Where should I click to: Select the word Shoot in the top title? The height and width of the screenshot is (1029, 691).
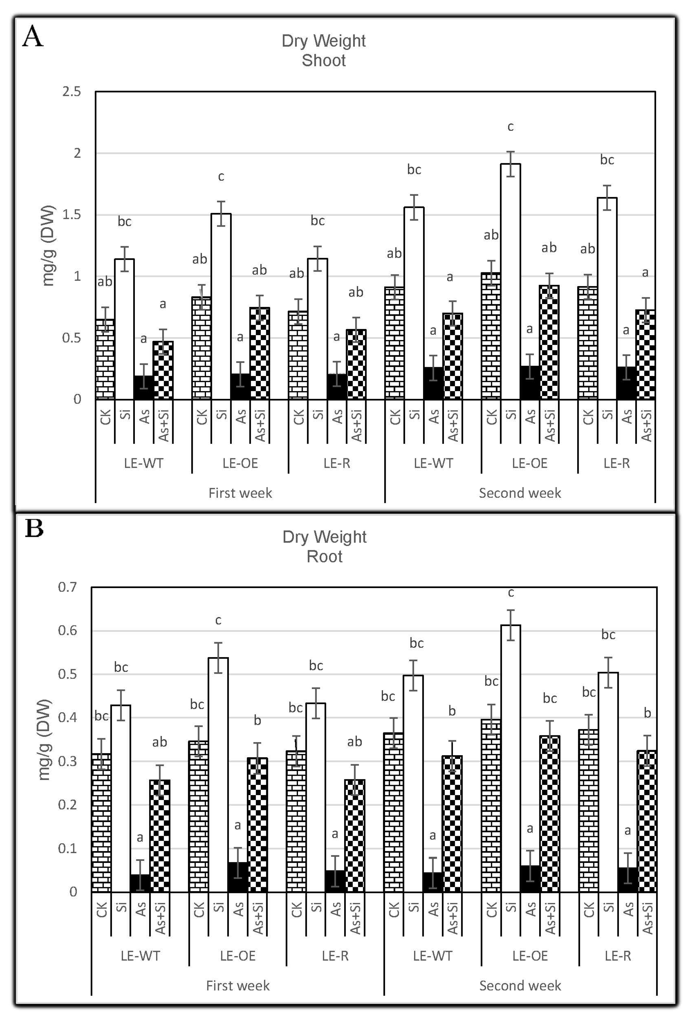point(324,60)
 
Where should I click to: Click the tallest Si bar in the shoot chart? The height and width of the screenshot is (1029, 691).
point(510,282)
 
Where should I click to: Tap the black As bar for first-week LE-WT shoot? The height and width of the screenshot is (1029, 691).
point(144,388)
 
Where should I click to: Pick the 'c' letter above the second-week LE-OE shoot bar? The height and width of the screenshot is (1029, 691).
point(510,127)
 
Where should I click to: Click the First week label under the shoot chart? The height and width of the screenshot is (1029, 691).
point(240,493)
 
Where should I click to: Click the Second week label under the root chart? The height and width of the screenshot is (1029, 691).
point(520,985)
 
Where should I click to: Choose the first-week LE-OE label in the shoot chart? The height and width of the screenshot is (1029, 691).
point(240,464)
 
